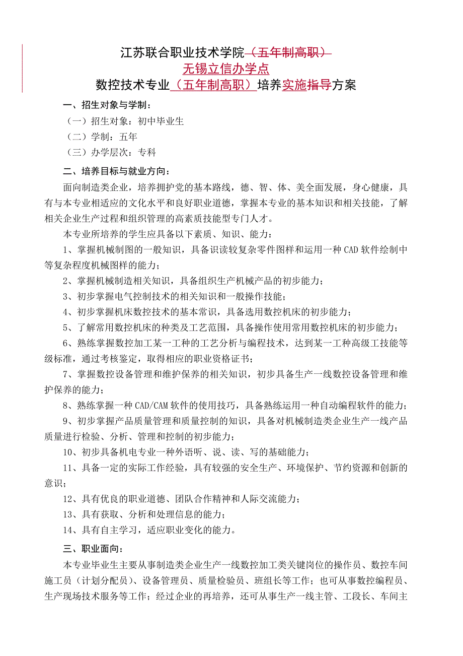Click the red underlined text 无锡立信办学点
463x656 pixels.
tap(226, 69)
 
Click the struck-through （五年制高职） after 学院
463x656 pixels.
tap(288, 52)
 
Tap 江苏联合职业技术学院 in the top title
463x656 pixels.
tap(182, 52)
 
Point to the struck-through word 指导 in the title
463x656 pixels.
tap(319, 85)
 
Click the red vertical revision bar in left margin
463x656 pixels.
tap(22, 69)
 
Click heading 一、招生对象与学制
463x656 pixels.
tap(107, 105)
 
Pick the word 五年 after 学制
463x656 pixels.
tap(128, 137)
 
